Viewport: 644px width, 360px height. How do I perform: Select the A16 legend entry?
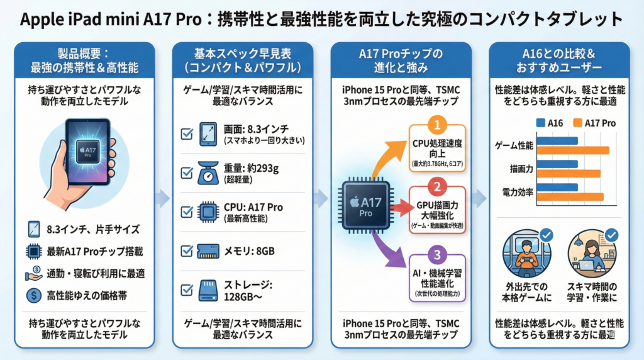click(x=550, y=123)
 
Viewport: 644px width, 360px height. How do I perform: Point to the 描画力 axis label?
click(x=521, y=169)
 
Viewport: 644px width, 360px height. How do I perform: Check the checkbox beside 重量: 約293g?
click(x=187, y=172)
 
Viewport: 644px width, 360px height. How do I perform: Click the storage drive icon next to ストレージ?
click(x=208, y=288)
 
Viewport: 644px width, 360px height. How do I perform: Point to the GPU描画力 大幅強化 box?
click(x=438, y=211)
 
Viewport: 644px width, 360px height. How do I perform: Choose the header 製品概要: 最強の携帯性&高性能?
click(x=84, y=60)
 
